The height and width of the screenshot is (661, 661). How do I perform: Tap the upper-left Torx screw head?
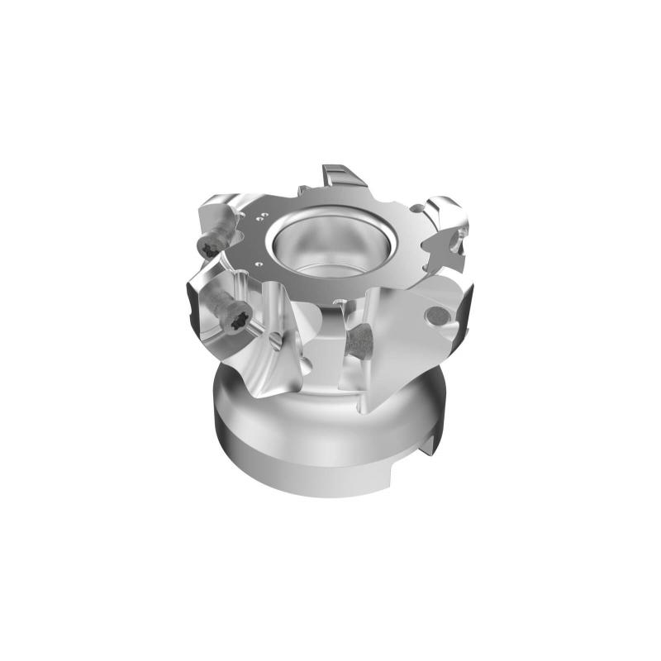click(x=209, y=245)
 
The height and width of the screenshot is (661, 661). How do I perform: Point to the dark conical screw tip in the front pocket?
click(x=359, y=339)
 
